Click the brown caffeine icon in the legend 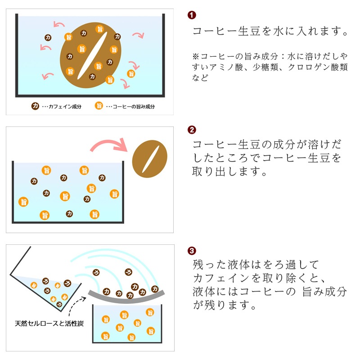[x=35, y=106]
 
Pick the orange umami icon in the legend [x=99, y=106]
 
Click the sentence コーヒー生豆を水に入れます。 [x=270, y=32]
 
